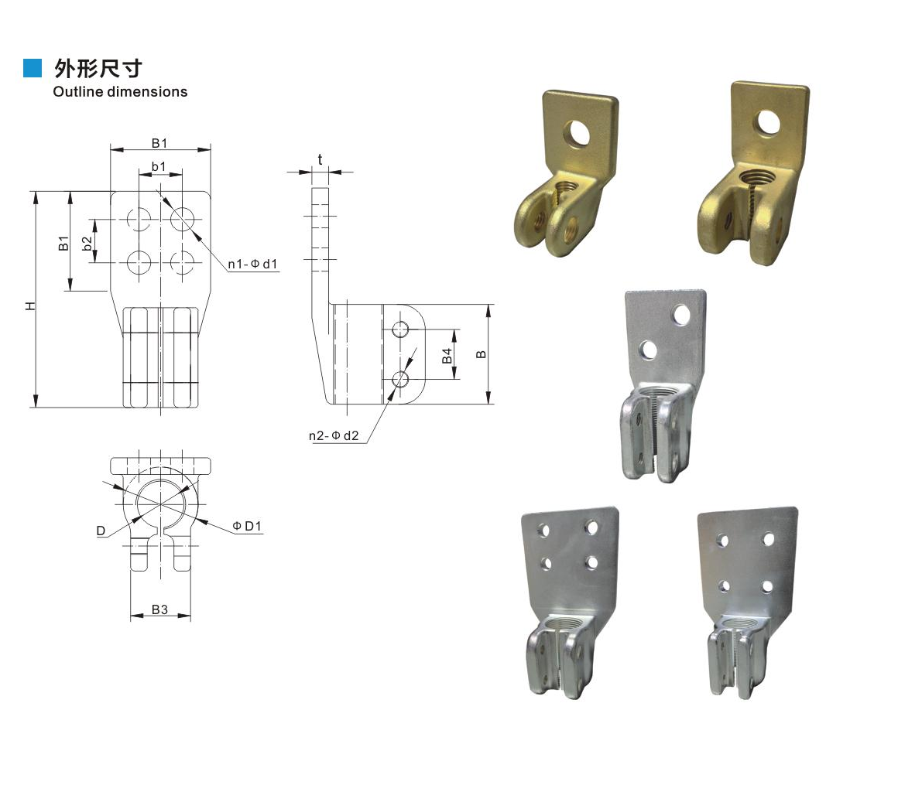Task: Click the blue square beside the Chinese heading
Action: click(33, 67)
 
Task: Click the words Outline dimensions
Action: click(120, 91)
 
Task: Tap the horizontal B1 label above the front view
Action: click(159, 143)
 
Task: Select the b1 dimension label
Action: click(159, 166)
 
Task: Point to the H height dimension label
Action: click(31, 306)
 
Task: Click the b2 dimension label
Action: click(87, 244)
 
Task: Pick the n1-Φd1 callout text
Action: click(252, 264)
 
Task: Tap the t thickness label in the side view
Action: click(320, 159)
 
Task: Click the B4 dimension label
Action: click(447, 356)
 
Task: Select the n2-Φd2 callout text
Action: click(334, 435)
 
